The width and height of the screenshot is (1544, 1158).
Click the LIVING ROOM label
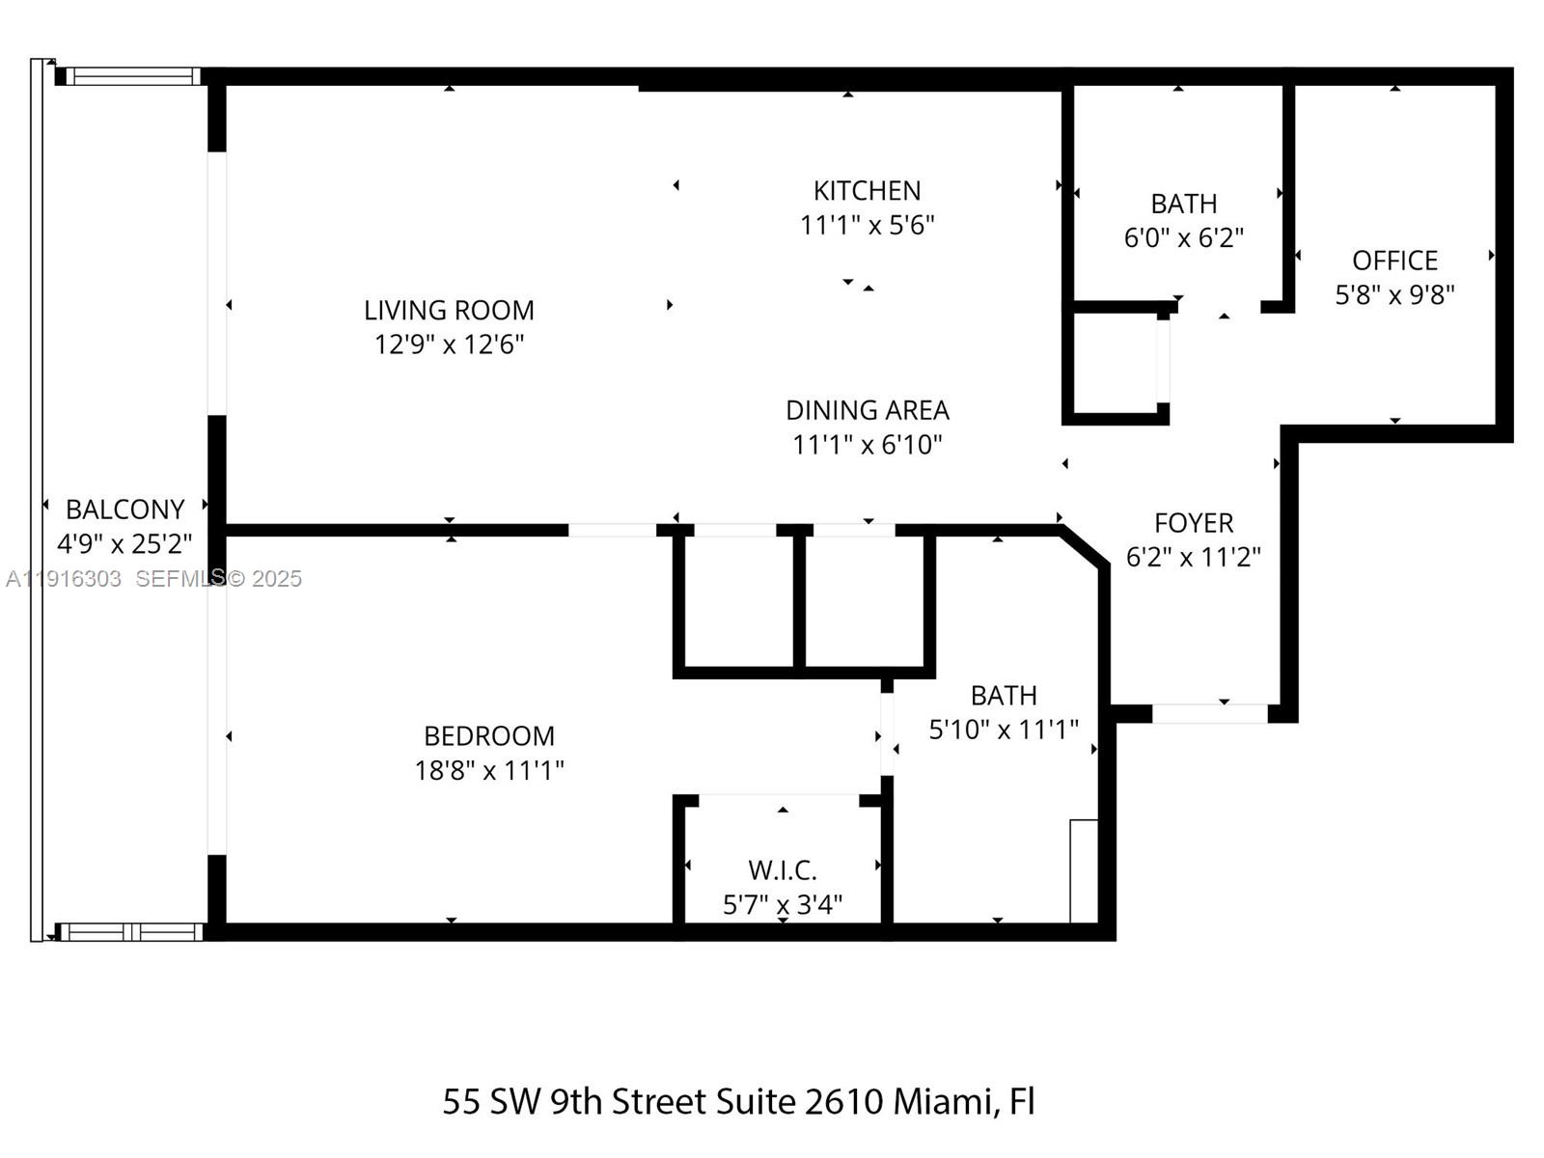pyautogui.click(x=449, y=310)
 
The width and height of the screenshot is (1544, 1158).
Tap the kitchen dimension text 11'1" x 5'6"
pyautogui.click(x=867, y=225)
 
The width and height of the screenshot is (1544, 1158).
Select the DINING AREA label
pyautogui.click(x=867, y=410)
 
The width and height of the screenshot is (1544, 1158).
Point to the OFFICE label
pyautogui.click(x=1394, y=261)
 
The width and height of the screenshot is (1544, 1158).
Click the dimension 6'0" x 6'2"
pyautogui.click(x=1183, y=237)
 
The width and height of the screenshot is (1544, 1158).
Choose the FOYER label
pyautogui.click(x=1194, y=523)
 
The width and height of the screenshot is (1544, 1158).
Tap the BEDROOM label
pyautogui.click(x=489, y=736)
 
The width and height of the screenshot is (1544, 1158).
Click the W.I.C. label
pyautogui.click(x=782, y=870)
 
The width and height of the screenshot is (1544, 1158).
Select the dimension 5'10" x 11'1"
pyautogui.click(x=1003, y=730)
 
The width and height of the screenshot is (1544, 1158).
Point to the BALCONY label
pyautogui.click(x=124, y=510)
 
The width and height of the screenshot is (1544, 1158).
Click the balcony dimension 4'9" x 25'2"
pyautogui.click(x=124, y=544)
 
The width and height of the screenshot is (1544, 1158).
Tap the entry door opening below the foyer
pyautogui.click(x=1209, y=714)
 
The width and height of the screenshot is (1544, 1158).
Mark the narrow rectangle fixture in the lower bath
pyautogui.click(x=1084, y=870)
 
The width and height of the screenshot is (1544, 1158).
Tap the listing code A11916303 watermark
pyautogui.click(x=64, y=579)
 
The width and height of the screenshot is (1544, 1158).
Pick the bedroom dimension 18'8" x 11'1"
pyautogui.click(x=489, y=770)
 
